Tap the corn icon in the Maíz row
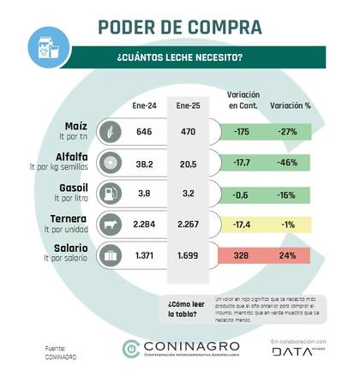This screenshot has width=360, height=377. (111, 133)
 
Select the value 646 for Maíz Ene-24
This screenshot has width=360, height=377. (145, 133)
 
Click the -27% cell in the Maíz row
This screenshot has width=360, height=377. (287, 133)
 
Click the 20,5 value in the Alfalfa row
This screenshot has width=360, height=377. (188, 163)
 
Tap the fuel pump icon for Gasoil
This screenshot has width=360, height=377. (111, 194)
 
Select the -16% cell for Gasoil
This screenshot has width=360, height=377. (287, 194)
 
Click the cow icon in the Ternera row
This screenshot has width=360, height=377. (111, 224)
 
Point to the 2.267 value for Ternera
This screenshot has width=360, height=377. (188, 224)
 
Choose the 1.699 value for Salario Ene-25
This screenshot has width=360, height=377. (188, 255)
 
